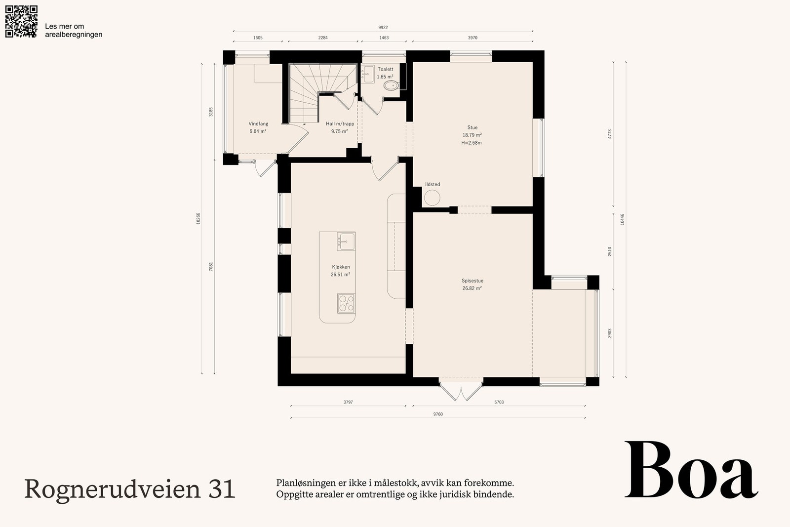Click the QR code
(x=21, y=22)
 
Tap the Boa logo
(x=691, y=470)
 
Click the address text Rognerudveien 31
(x=129, y=489)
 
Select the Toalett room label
(x=385, y=69)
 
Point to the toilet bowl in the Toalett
(x=391, y=85)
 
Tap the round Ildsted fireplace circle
(x=432, y=198)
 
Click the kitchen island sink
(x=346, y=242)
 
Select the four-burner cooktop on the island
(x=346, y=303)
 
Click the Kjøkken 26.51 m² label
(x=340, y=271)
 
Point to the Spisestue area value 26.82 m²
(x=472, y=288)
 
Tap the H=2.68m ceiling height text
(x=472, y=143)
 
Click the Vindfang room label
(x=258, y=124)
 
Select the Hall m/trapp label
(x=340, y=124)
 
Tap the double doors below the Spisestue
(x=461, y=389)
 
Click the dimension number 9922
(x=383, y=28)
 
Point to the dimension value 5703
(x=499, y=402)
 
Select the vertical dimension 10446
(x=622, y=219)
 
